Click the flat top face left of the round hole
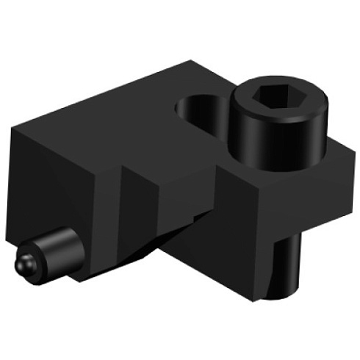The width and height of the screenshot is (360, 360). coord(125,103)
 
